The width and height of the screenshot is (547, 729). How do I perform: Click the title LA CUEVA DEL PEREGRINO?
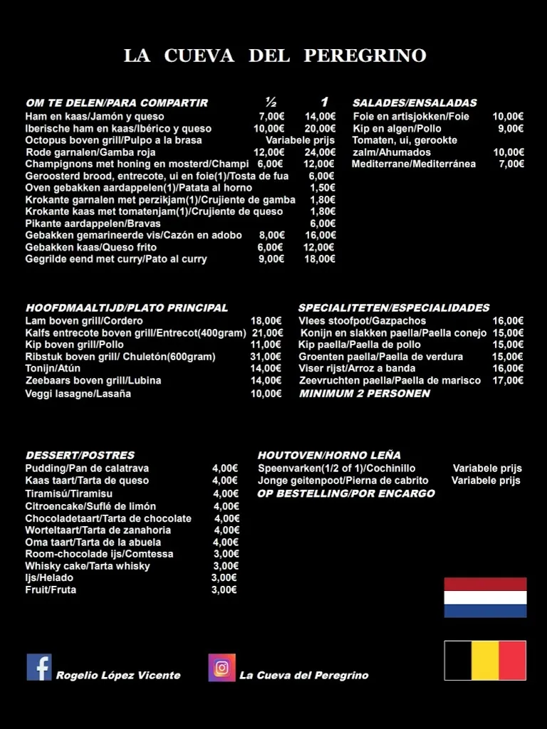(275, 56)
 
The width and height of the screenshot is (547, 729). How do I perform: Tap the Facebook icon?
(39, 667)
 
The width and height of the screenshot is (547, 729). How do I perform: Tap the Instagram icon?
(222, 668)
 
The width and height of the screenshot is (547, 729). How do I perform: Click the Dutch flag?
(485, 597)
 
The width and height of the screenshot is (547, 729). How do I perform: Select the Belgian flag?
(485, 661)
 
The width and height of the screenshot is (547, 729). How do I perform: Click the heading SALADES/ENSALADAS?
(415, 103)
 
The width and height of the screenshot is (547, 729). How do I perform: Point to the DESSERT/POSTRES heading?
(80, 455)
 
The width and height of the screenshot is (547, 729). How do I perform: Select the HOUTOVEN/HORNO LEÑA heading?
(329, 455)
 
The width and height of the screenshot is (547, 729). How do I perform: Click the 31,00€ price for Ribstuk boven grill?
(266, 357)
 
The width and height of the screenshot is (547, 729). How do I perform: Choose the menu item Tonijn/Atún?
(53, 369)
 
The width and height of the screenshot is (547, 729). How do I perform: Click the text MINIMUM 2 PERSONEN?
(365, 393)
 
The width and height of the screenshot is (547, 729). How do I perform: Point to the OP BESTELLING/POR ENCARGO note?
(346, 493)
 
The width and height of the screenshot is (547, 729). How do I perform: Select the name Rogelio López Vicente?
(118, 675)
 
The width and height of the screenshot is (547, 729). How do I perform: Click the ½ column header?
(271, 102)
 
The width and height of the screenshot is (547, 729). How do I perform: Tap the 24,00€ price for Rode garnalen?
(320, 152)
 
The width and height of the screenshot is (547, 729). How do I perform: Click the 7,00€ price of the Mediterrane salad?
(511, 164)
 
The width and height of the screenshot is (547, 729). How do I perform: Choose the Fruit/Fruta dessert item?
(51, 590)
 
